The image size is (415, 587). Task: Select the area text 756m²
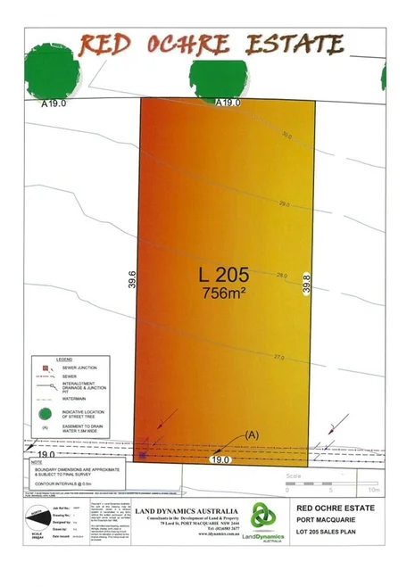click(225, 293)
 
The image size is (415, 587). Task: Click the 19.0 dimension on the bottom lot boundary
click(221, 459)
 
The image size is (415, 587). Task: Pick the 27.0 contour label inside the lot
click(278, 358)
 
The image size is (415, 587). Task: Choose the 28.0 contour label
click(282, 276)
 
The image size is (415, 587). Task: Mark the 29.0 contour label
click(285, 204)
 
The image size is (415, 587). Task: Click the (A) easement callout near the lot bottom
click(251, 434)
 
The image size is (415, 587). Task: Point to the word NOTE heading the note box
click(36, 463)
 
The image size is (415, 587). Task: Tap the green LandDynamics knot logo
click(261, 516)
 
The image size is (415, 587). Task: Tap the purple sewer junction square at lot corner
click(141, 455)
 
